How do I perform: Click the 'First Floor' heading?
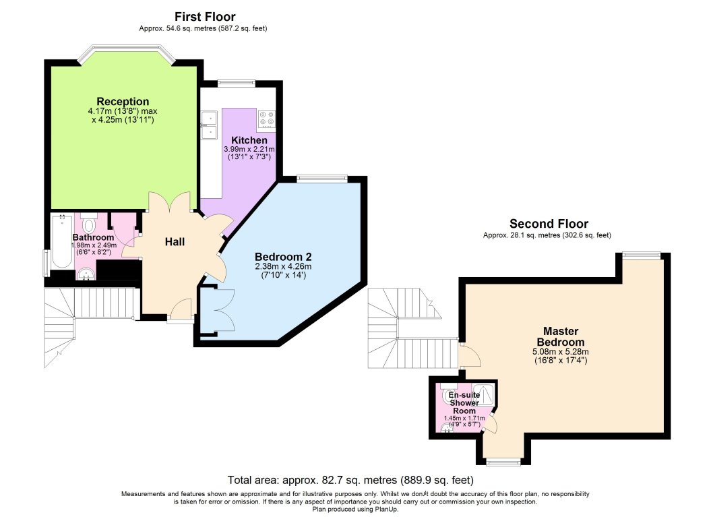(205, 16)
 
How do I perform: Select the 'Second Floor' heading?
(549, 224)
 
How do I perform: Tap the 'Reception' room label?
(122, 101)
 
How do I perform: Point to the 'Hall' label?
(176, 242)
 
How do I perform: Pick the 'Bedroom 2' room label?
(282, 257)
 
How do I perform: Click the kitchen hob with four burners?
(266, 119)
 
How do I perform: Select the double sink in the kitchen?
(208, 125)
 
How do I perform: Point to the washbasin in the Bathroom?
(86, 273)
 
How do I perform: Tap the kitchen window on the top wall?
(236, 83)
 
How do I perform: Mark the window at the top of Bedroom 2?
(321, 179)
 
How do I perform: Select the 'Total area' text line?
(350, 480)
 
